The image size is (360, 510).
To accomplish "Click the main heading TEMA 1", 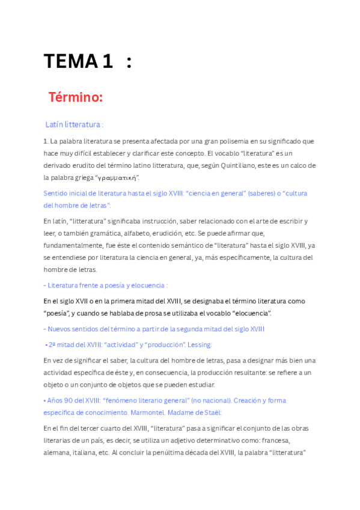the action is tap(78, 61).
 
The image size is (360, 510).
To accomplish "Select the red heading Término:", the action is tap(76, 97).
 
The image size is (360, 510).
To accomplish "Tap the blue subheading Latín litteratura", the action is tap(73, 124).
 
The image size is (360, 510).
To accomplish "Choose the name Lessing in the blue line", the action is tap(200, 345).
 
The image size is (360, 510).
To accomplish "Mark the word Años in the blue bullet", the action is tap(56, 401).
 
